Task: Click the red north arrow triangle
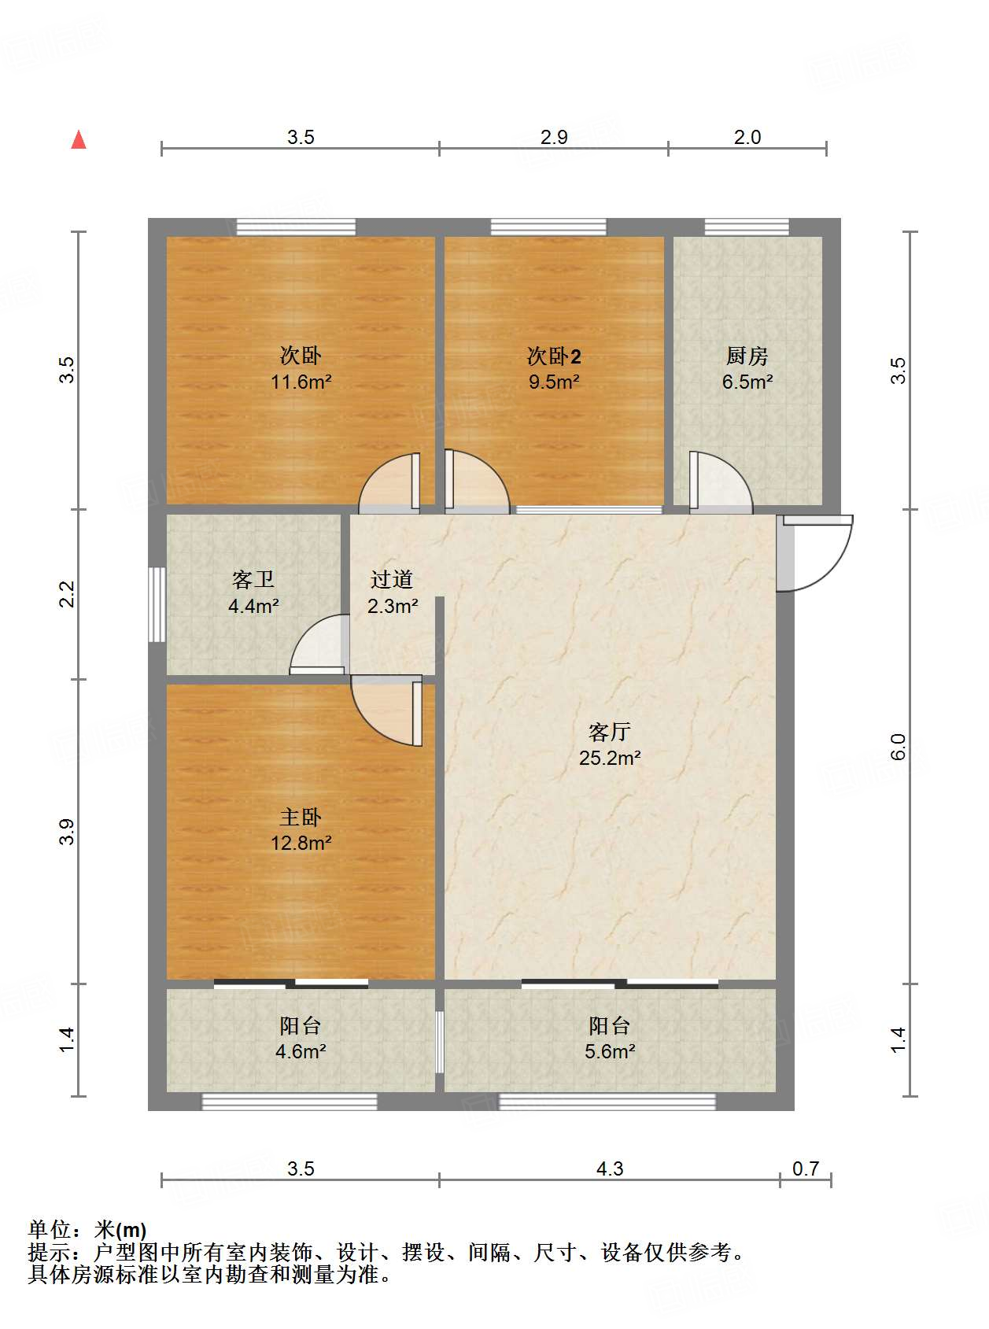pos(79,139)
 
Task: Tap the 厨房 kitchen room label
pos(747,356)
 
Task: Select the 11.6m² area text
pos(301,382)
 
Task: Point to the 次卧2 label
pos(554,356)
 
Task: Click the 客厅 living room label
pos(610,732)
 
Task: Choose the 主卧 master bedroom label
pos(301,817)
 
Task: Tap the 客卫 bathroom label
pos(253,579)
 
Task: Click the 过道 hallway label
pos(392,579)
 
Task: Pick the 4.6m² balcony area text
pos(301,1051)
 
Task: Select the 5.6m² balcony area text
pos(611,1051)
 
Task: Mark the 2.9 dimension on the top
pos(554,137)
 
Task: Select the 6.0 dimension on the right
pos(898,747)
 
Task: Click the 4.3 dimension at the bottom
pos(610,1168)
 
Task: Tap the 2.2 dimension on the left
pos(67,594)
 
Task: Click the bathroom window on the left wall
pos(157,604)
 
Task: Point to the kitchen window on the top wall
pos(746,227)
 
